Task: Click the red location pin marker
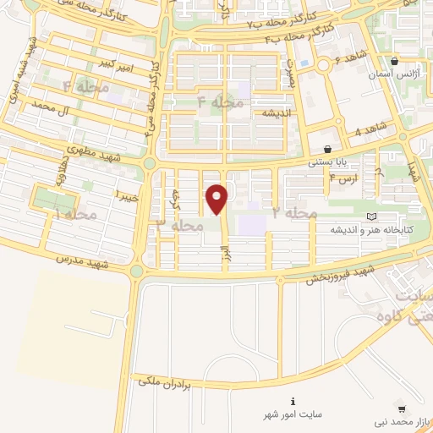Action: click(x=217, y=200)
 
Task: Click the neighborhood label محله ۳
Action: click(x=180, y=226)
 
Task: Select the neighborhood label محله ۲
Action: click(x=295, y=213)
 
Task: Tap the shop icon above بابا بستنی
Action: click(x=327, y=150)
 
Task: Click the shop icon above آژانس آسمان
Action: click(x=395, y=61)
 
